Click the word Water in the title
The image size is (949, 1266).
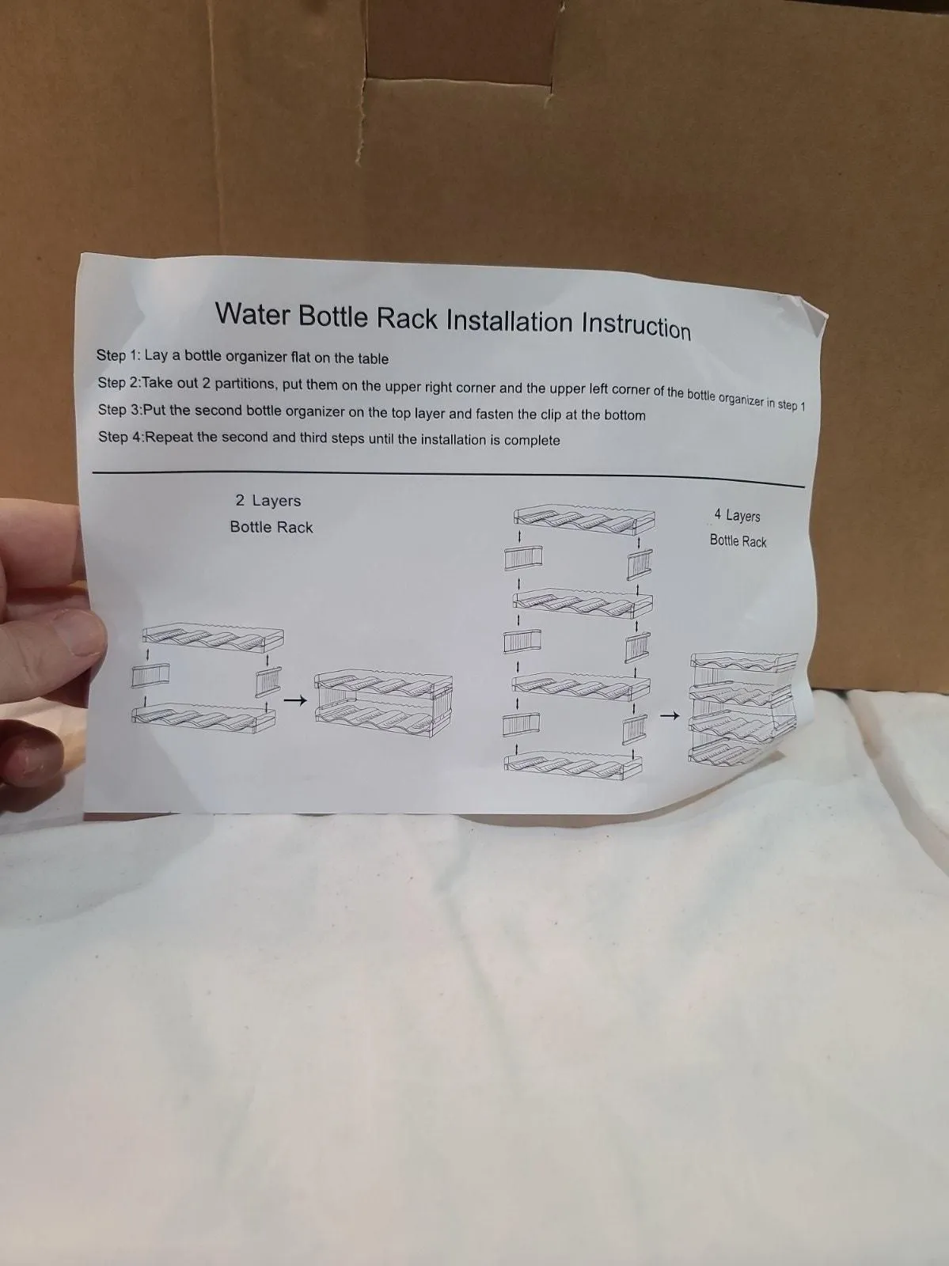252,313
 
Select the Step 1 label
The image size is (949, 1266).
118,355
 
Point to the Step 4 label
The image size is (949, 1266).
120,437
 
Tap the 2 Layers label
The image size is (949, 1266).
268,501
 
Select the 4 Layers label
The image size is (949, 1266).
738,515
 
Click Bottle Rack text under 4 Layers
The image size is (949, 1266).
738,541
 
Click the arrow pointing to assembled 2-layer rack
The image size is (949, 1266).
294,700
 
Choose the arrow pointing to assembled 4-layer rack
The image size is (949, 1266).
669,716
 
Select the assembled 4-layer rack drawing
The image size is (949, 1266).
744,709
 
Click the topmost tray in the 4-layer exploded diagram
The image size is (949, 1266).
584,518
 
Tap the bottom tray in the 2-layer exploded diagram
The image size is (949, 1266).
203,714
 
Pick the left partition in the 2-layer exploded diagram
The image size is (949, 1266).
150,675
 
